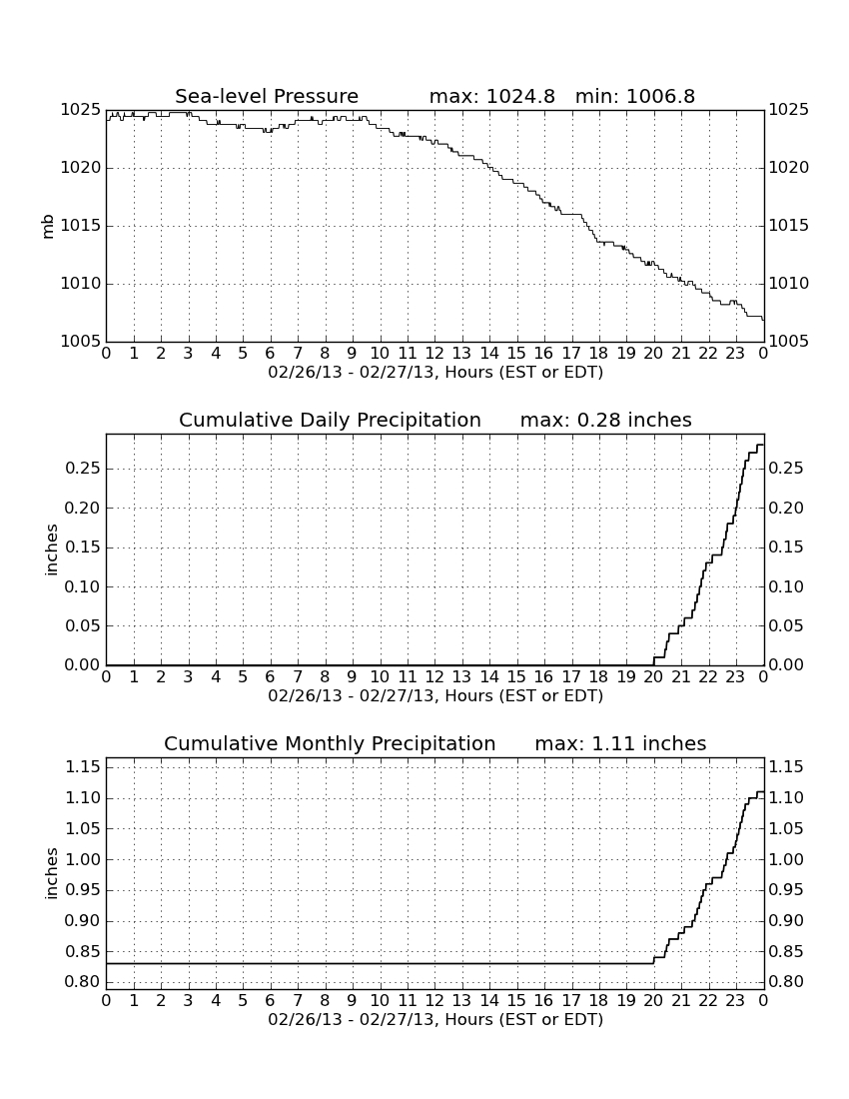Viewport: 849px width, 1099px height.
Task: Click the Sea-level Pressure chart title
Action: [x=267, y=96]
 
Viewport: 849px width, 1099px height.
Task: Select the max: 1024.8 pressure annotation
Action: [x=491, y=96]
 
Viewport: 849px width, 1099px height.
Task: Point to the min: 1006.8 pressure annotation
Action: [x=635, y=96]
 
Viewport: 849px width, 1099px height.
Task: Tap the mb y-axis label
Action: [x=48, y=227]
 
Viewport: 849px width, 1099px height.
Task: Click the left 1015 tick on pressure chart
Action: [x=81, y=226]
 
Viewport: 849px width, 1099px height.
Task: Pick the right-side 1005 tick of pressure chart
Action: [x=789, y=342]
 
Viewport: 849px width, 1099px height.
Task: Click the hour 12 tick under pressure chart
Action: [x=434, y=353]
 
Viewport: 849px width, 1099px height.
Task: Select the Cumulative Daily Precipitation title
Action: [x=330, y=420]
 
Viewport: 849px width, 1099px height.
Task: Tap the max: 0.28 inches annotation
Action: [x=606, y=420]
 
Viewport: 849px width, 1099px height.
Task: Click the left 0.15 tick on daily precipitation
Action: [x=83, y=548]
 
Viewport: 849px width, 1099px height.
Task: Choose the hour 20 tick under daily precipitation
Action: [x=653, y=676]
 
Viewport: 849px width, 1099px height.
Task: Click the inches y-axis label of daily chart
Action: [x=50, y=549]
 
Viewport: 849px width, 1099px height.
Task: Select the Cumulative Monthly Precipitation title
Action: [x=330, y=743]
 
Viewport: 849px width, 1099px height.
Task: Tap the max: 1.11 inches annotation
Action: [x=620, y=743]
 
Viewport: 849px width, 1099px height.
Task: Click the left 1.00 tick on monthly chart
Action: [x=83, y=859]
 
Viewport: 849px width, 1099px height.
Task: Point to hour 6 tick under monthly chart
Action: [x=271, y=1000]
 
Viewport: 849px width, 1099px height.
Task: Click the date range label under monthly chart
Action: [x=435, y=1019]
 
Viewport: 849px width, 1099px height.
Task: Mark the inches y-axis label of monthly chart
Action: [x=50, y=873]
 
